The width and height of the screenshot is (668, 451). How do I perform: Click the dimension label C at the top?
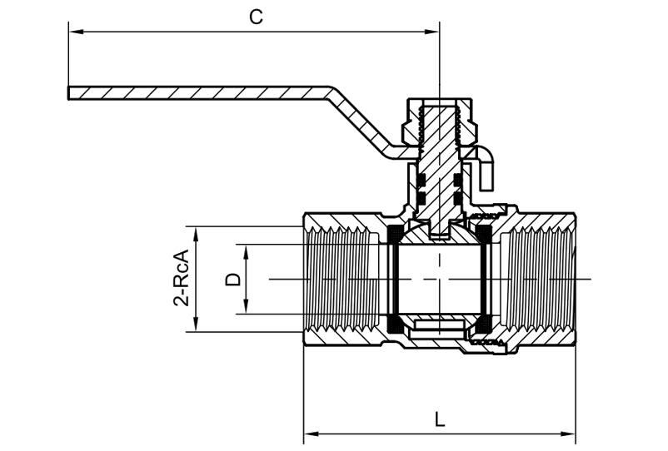(257, 17)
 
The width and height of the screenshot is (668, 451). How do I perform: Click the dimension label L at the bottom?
(440, 419)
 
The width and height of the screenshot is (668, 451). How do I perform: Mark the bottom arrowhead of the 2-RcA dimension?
(197, 327)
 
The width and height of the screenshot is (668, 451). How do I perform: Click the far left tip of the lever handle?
(69, 92)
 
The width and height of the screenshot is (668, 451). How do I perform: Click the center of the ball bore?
(439, 278)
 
